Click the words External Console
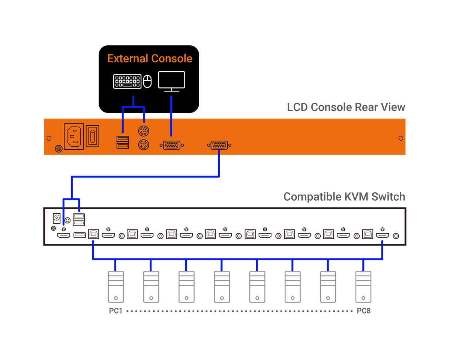tap(150, 59)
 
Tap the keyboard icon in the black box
tap(127, 81)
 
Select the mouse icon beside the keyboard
tap(148, 81)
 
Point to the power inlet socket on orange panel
tap(74, 137)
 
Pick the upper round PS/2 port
tap(143, 131)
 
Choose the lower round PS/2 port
tap(143, 145)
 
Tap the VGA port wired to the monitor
tap(171, 145)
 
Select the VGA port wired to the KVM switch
tap(219, 145)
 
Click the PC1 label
tap(116, 311)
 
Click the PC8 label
tap(363, 311)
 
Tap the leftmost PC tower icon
tap(115, 287)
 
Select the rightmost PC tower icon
tap(363, 287)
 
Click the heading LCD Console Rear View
tap(346, 107)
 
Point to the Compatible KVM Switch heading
tap(344, 196)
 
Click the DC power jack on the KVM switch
tap(57, 217)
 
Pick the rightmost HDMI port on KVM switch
tap(382, 235)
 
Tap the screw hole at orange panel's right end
tap(400, 138)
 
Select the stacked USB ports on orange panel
tap(122, 142)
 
